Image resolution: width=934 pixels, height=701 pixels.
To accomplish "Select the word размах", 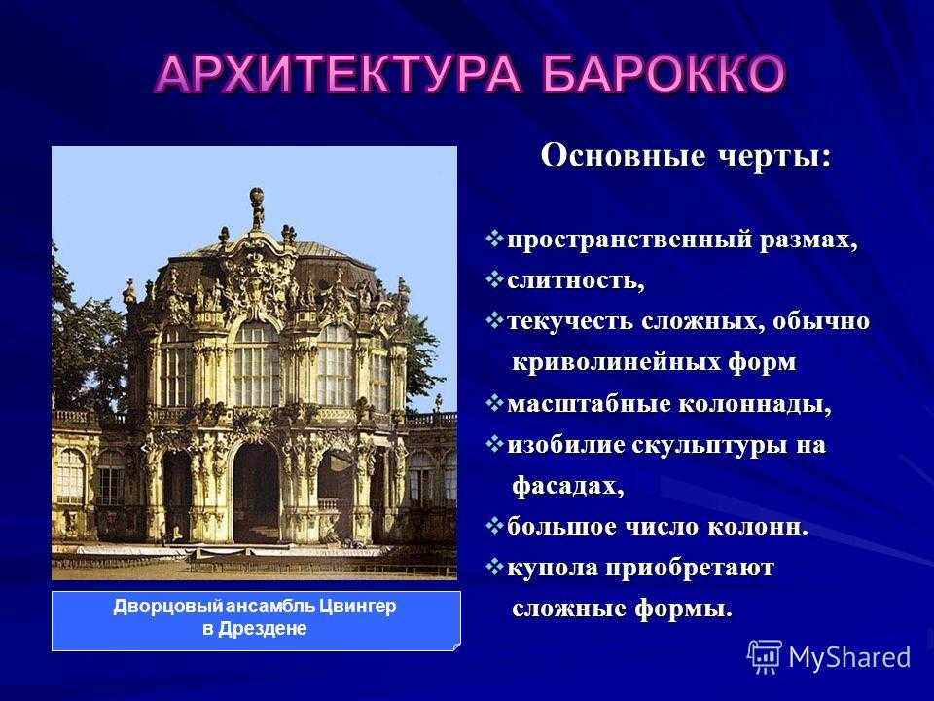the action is pyautogui.click(x=808, y=240).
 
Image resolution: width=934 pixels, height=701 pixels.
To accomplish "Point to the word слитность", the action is pyautogui.click(x=575, y=280).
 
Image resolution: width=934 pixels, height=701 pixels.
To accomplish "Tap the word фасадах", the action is pyautogui.click(x=567, y=486).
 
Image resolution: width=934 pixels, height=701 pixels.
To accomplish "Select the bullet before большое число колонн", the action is pyautogui.click(x=494, y=527).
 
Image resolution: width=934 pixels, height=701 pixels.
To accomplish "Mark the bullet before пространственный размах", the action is pyautogui.click(x=494, y=240).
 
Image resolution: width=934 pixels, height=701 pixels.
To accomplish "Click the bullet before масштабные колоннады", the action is pyautogui.click(x=494, y=403).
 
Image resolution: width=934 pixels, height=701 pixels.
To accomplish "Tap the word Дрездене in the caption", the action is pyautogui.click(x=263, y=628).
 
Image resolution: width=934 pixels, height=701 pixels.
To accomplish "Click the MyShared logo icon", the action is pyautogui.click(x=765, y=657).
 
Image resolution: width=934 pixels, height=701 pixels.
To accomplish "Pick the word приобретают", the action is pyautogui.click(x=690, y=568).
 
